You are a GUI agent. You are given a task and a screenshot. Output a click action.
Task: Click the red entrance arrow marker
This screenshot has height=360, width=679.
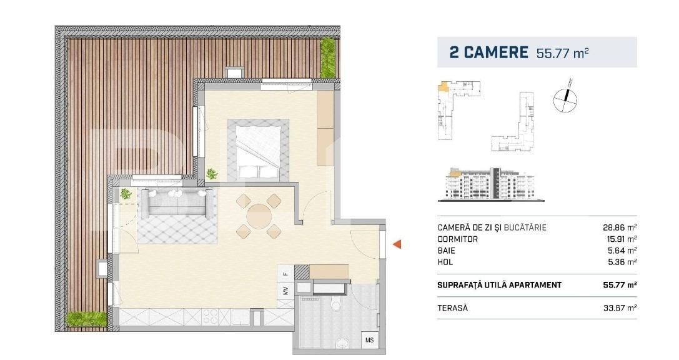tap(396, 245)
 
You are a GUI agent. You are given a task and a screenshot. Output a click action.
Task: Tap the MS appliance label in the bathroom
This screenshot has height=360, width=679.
tap(370, 341)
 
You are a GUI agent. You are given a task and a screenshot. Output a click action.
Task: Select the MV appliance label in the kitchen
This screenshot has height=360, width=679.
tap(285, 291)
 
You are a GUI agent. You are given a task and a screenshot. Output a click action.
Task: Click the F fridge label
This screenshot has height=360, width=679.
tap(285, 273)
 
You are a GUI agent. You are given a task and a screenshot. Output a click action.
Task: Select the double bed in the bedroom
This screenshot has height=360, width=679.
tap(262, 149)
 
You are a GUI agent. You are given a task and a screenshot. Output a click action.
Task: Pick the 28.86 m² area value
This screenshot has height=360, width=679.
tap(619, 227)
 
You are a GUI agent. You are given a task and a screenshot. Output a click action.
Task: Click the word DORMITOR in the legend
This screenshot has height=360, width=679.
tap(458, 239)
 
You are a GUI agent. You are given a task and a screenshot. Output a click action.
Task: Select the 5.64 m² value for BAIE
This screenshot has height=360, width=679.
tap(622, 251)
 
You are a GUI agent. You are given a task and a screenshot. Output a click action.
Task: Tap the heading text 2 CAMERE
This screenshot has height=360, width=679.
tap(488, 52)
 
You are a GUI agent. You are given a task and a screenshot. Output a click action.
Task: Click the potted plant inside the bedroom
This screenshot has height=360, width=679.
tap(212, 174)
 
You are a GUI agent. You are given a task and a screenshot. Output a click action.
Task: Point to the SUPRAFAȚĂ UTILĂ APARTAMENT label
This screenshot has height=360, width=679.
tap(499, 285)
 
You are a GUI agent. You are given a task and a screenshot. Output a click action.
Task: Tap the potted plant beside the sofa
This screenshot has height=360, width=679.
tap(126, 194)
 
